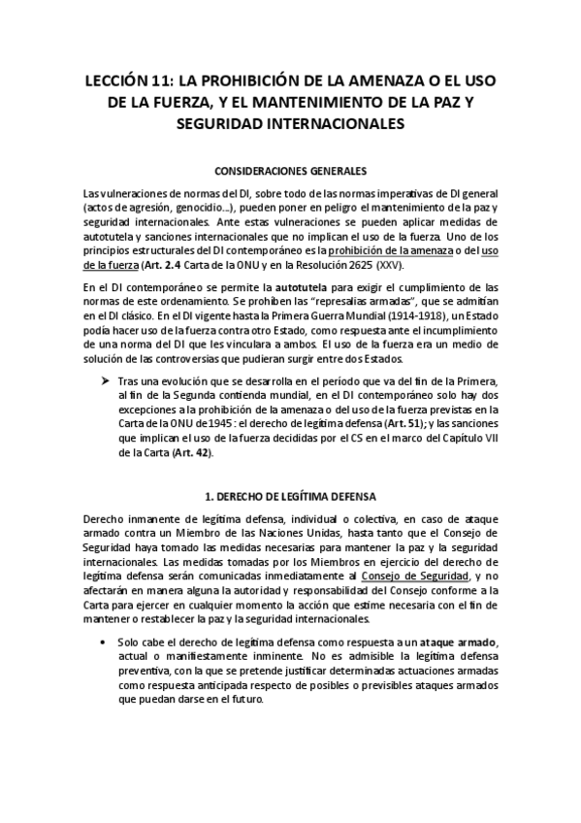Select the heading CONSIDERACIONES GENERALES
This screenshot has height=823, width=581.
(x=290, y=167)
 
